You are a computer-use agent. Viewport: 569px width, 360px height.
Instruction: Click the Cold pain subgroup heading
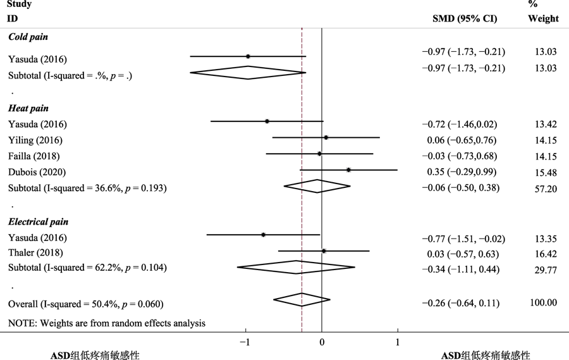[28, 37]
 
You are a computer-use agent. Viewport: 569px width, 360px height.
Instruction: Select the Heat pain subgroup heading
[28, 109]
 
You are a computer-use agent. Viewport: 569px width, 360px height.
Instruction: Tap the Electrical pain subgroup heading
[38, 222]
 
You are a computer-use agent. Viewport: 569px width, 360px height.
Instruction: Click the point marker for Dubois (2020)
[348, 170]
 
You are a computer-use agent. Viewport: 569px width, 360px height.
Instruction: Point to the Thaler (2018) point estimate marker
[324, 251]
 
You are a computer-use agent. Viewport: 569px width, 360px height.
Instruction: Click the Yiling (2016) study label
[35, 140]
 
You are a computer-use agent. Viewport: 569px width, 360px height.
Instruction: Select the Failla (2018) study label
[34, 156]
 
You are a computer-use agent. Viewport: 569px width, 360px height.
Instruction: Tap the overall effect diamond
[302, 299]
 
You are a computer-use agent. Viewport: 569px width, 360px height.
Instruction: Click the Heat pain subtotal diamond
[317, 186]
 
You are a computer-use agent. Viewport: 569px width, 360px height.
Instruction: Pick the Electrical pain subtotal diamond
[296, 267]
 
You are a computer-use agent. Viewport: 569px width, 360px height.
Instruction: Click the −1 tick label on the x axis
[245, 342]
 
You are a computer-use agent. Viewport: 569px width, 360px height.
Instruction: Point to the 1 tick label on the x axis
[398, 342]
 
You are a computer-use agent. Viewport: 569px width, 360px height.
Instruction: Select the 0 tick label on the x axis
[322, 342]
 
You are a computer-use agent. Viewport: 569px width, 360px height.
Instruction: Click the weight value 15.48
[543, 171]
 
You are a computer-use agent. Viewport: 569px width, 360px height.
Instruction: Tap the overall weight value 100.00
[543, 302]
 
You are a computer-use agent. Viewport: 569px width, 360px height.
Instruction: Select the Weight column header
[543, 18]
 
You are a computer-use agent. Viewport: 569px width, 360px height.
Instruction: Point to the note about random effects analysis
[106, 323]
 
